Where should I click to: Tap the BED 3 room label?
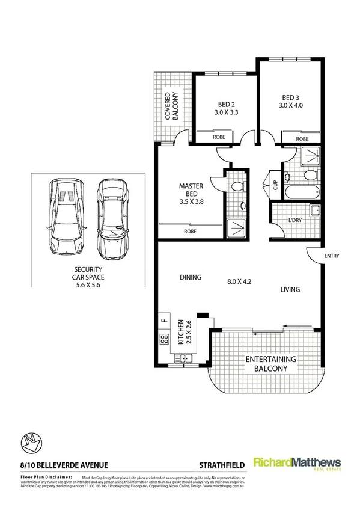pos(290,102)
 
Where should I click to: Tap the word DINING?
pos(190,277)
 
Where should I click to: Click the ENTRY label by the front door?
pos(331,256)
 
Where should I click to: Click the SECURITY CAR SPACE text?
pos(87,278)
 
